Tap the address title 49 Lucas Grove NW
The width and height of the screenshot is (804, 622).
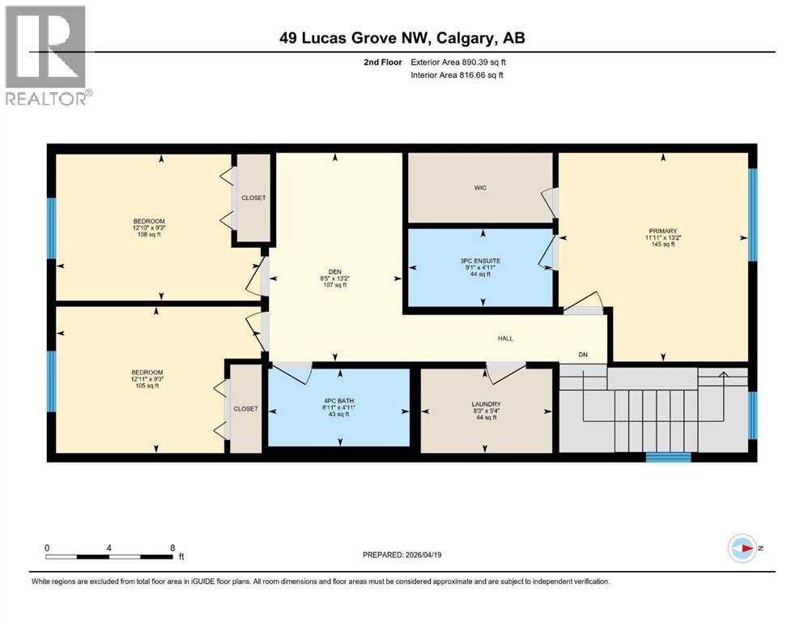(402, 38)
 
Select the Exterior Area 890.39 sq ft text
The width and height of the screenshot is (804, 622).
(459, 62)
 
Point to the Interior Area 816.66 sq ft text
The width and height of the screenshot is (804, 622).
(457, 75)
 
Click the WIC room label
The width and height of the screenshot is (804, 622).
(481, 188)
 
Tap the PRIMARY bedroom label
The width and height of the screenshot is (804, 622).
(661, 231)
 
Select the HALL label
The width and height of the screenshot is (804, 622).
(505, 339)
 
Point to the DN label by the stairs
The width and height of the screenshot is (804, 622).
(583, 355)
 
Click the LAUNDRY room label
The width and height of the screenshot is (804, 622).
(487, 404)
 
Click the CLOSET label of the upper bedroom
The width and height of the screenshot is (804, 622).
(253, 198)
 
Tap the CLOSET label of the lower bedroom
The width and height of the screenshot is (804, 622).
(245, 409)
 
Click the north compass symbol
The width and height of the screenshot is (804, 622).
(742, 547)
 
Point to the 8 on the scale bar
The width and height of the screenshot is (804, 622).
(172, 547)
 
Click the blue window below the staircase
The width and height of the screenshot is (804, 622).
(668, 457)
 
